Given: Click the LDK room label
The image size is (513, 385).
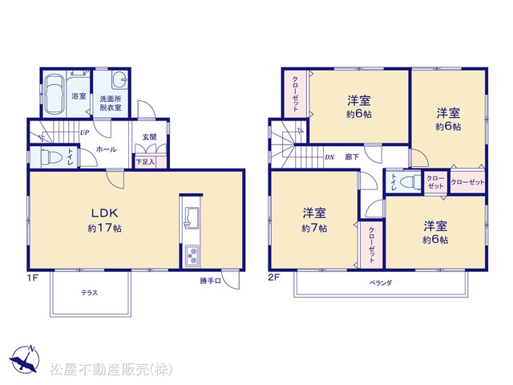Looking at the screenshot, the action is tap(104, 213).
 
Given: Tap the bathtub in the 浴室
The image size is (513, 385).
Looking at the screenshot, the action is tap(55, 95).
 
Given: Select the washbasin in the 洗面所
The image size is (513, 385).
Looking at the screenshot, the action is tap(119, 79).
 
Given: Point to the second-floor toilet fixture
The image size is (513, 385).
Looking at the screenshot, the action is tap(410, 181).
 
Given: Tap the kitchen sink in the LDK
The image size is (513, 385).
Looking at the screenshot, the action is tap(192, 218).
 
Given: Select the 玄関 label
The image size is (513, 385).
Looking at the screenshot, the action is tap(150, 137).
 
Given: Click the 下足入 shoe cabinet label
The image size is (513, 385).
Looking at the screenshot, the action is tap(145, 162).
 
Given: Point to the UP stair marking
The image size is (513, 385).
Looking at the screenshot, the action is tap(84, 133).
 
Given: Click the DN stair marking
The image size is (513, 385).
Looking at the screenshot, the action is tap(329, 157).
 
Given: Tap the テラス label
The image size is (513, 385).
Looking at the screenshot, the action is tap(89, 293).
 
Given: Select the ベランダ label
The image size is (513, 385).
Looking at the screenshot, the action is tap(381, 283).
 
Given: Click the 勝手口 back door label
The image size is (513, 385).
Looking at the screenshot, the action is tap(210, 281).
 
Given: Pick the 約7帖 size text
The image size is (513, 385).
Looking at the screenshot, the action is tap(314, 228).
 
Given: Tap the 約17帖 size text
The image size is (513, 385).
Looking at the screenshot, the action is tap(105, 228).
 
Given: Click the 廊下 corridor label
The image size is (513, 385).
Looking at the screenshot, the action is tap(352, 157).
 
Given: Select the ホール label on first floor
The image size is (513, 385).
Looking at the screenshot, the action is tap(107, 150).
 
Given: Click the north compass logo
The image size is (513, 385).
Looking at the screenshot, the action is tap(24, 359).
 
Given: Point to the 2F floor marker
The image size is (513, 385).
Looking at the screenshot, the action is tap(273, 278).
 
